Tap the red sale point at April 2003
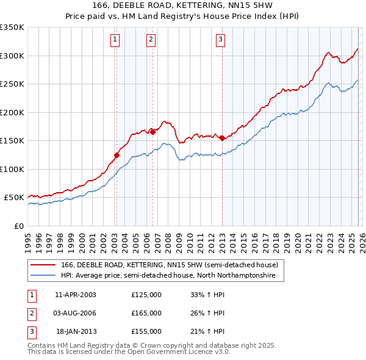pos(117,155)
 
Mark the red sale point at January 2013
pos(222,138)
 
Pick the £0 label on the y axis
pos(18,226)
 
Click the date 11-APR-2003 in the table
pos(76,295)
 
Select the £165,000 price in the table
pos(146,313)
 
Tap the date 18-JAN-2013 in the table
pos(76,331)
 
